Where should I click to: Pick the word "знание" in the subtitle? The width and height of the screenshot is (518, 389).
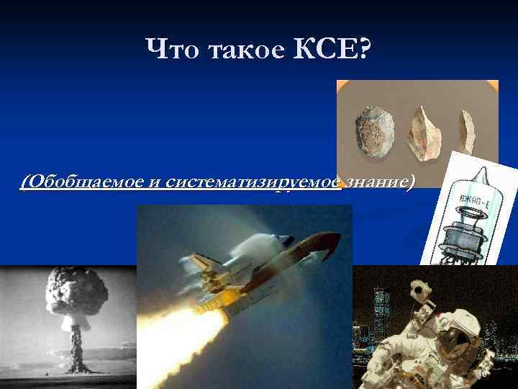(378, 182)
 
